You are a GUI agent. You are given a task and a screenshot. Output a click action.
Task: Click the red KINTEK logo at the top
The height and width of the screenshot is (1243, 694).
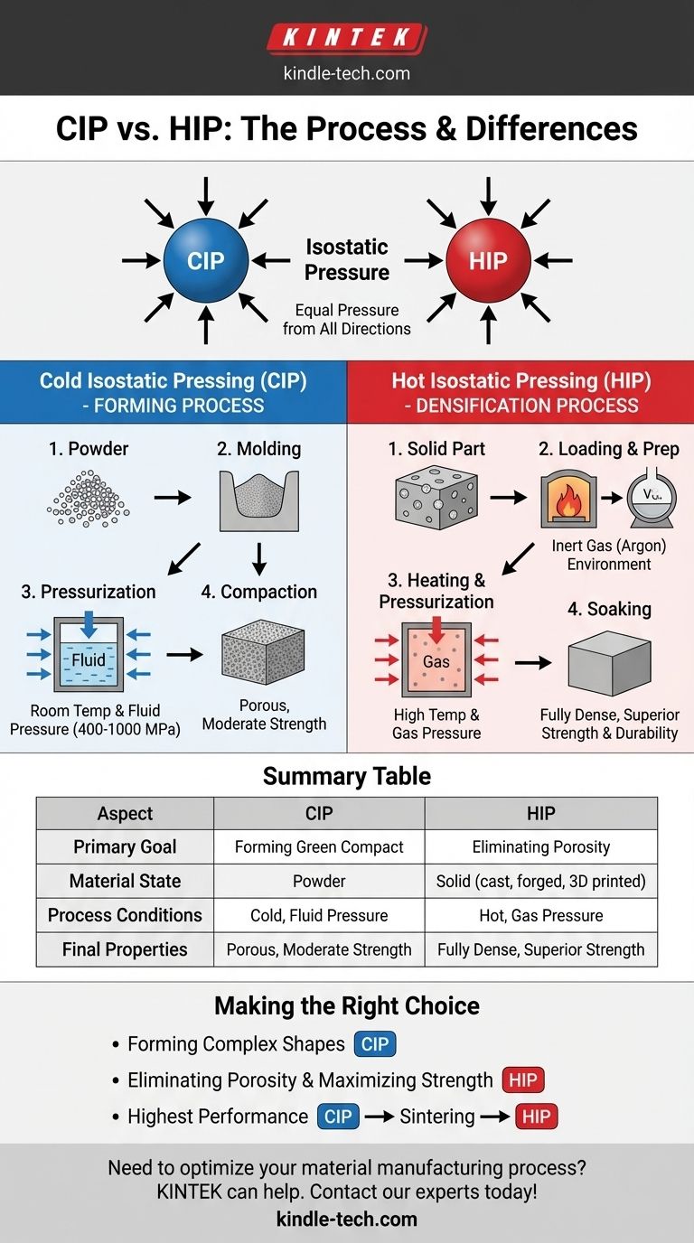click(347, 39)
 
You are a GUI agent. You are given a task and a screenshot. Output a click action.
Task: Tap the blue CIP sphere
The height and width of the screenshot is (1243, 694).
click(206, 260)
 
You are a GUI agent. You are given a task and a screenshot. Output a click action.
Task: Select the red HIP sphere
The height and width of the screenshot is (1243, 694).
click(488, 260)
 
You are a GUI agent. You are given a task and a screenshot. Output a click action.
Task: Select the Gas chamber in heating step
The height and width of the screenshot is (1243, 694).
click(436, 659)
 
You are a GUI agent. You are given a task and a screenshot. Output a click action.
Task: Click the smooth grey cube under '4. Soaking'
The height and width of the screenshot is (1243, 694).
click(609, 663)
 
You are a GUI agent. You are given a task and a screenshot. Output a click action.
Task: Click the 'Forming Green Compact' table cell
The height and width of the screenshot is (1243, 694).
click(319, 847)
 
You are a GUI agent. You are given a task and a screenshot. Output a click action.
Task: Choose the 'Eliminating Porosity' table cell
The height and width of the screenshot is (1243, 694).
click(540, 847)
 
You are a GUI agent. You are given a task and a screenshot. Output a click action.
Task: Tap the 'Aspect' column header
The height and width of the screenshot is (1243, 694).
click(125, 813)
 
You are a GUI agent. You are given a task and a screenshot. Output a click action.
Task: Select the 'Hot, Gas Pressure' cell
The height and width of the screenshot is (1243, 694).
click(540, 915)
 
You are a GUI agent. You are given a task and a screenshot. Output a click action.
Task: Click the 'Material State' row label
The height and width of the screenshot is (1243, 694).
click(125, 881)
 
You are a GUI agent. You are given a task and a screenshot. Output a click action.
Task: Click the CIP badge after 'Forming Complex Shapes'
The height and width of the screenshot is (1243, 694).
click(375, 1045)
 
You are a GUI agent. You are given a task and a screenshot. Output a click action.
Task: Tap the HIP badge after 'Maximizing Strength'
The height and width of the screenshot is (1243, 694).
click(523, 1080)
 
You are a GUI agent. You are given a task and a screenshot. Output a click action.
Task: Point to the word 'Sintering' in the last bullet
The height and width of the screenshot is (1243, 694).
click(437, 1117)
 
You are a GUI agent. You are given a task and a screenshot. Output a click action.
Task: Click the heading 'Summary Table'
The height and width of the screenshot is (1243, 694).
click(347, 776)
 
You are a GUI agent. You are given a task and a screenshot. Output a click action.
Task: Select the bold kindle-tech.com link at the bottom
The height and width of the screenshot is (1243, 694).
click(347, 1219)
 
